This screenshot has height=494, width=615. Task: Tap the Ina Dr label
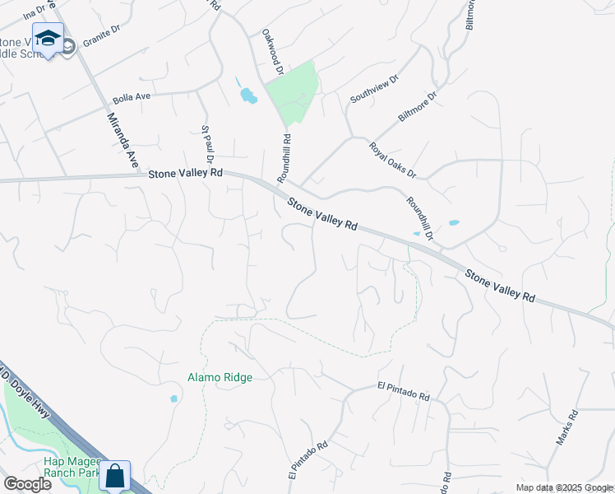point(35,12)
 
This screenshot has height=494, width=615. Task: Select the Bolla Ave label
point(132,96)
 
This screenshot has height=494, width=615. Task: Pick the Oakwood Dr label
point(272,53)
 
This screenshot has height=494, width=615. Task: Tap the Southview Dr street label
point(374,88)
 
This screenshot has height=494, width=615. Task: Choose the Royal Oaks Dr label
point(393,160)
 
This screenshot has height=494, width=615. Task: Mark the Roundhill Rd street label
point(283,158)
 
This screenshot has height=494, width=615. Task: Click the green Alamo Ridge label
point(220,377)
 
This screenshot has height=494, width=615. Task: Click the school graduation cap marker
point(49,39)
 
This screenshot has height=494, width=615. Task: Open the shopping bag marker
point(115,475)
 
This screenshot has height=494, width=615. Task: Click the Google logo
point(27,483)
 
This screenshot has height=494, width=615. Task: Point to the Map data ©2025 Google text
point(564,487)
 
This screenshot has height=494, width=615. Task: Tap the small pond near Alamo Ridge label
point(173,398)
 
